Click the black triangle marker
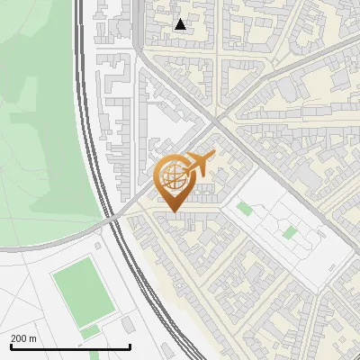coord(181,24)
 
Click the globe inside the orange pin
coord(174,177)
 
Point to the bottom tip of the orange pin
coord(174,211)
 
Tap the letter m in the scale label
coord(33,338)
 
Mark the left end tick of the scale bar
coord(10,346)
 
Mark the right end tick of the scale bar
coord(130,346)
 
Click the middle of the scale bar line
coord(70,347)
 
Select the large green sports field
coord(83,291)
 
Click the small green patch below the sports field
coord(89,332)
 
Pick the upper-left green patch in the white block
coord(245,209)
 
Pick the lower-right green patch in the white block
coord(289,232)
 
